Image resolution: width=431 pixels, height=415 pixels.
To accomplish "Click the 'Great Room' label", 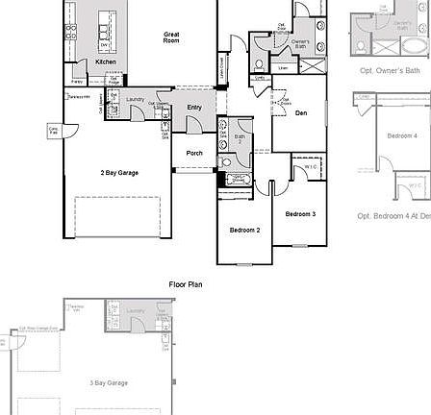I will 170,39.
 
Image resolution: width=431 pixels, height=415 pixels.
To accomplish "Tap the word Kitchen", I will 106,61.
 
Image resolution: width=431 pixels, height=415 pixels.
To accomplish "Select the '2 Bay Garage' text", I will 119,173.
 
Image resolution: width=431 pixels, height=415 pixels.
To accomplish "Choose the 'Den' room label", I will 301,113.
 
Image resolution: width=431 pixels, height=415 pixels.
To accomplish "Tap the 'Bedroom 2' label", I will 244,231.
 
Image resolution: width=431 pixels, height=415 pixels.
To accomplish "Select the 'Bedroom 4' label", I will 402,135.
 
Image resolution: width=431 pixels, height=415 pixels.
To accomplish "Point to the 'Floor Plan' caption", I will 186,283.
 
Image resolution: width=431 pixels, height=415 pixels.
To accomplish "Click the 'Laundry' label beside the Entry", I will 134,99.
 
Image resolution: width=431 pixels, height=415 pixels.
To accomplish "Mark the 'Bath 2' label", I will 238,139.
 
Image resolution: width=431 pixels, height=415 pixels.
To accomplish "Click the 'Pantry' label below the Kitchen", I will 76,96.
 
